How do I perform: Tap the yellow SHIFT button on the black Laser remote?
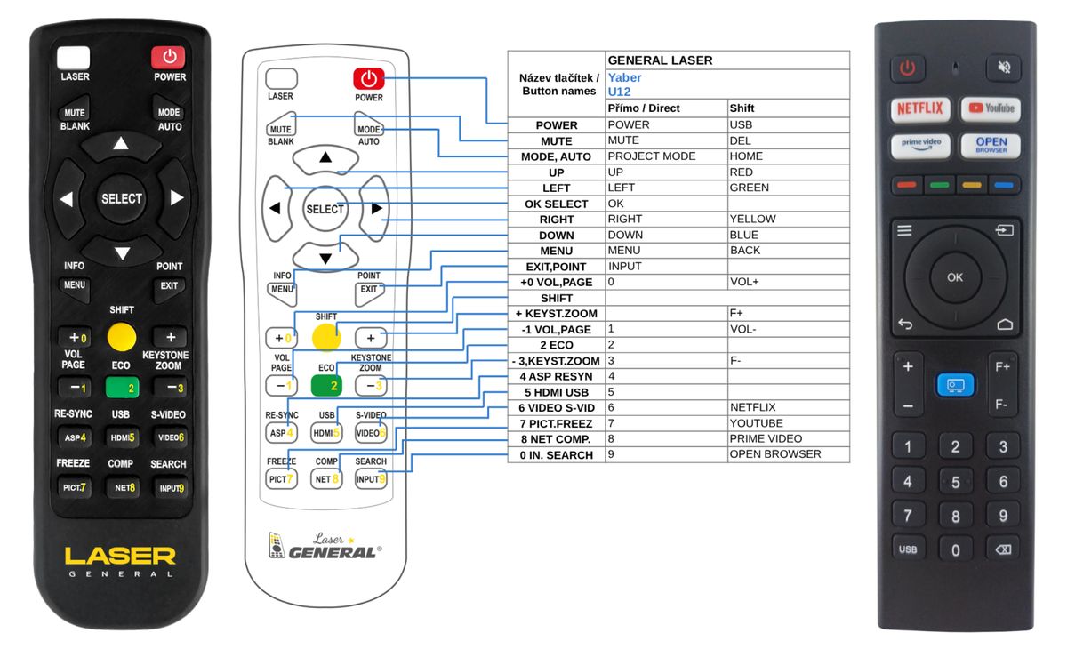[x=122, y=337]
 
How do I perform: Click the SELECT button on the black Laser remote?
[x=122, y=198]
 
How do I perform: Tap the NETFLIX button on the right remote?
[x=919, y=109]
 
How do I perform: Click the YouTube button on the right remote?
[x=991, y=109]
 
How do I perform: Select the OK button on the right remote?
[x=955, y=277]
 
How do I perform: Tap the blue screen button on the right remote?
[x=955, y=385]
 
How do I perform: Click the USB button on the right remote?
[x=908, y=549]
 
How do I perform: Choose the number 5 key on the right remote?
[x=956, y=481]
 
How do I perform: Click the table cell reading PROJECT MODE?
[x=651, y=156]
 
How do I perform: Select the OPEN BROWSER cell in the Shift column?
[x=775, y=454]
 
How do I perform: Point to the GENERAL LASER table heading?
[x=660, y=60]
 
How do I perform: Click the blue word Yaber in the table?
[x=624, y=77]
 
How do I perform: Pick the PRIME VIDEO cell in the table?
[x=766, y=438]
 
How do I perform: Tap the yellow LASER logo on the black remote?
[x=120, y=556]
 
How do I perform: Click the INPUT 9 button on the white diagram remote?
[x=371, y=479]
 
